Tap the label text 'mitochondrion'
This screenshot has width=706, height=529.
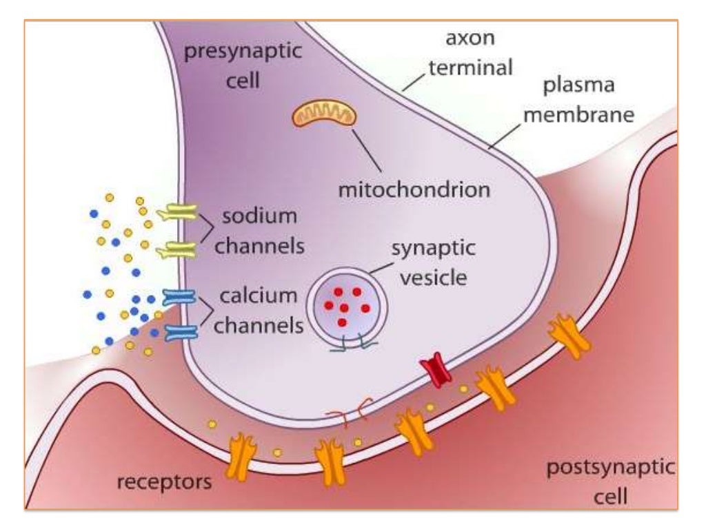point(414,189)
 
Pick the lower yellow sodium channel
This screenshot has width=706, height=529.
point(176,251)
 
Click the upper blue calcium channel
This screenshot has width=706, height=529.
point(180,297)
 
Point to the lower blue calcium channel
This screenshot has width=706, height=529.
point(180,333)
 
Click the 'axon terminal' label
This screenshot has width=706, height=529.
point(471,52)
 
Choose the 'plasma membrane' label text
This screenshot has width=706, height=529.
point(578,101)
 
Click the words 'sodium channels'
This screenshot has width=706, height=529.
point(259,231)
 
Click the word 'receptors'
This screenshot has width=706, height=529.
point(164,481)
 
